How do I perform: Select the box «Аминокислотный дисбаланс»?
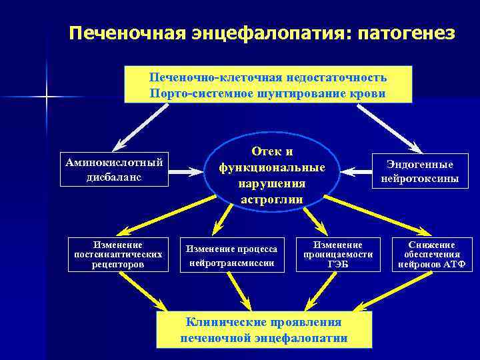point(113,169)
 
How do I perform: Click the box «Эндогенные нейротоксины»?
point(420,171)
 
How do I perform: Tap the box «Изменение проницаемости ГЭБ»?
point(338,254)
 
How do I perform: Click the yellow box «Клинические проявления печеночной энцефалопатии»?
point(264,329)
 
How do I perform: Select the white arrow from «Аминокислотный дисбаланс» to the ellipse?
point(185,171)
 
